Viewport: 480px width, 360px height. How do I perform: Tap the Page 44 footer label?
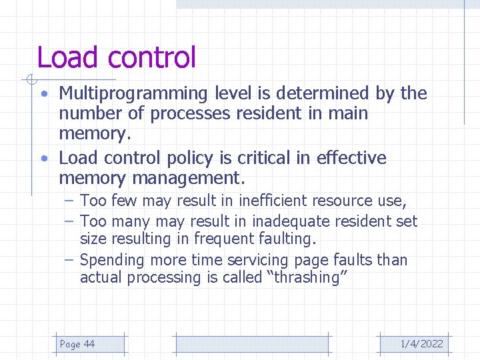click(x=77, y=344)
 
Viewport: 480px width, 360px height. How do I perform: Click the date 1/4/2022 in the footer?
click(x=421, y=344)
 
